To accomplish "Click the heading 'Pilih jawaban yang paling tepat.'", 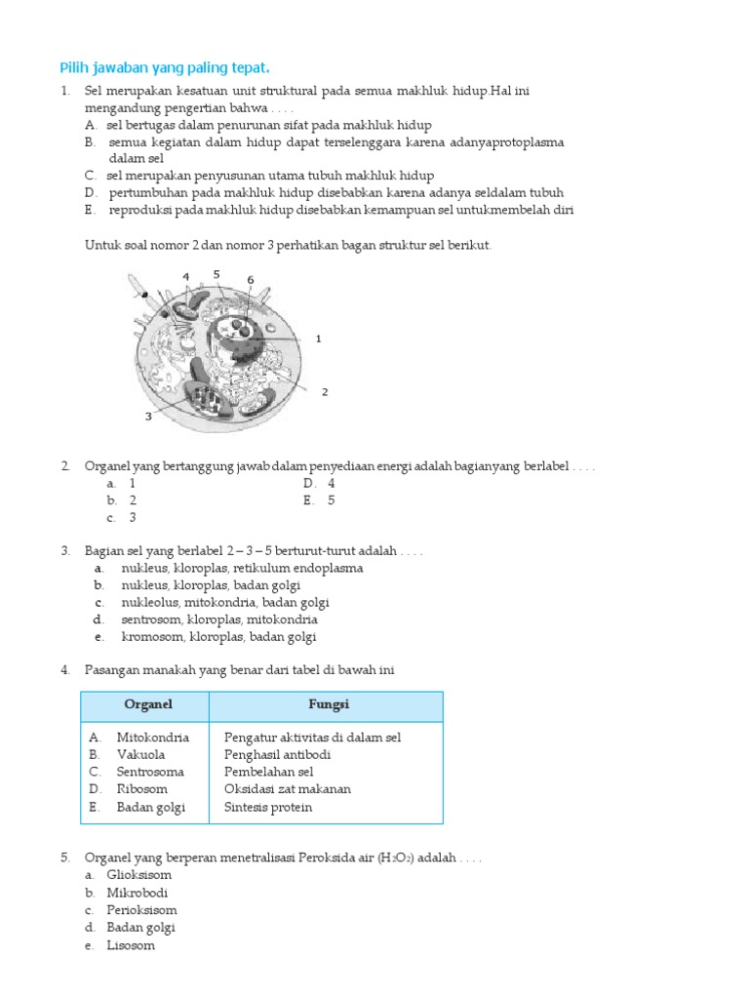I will tap(164, 67).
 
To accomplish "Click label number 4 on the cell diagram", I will tap(186, 277).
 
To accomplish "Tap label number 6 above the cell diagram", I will tap(250, 280).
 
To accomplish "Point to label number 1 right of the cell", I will tap(318, 339).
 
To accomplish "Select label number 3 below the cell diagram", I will tap(148, 417).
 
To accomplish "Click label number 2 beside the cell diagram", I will tap(324, 392).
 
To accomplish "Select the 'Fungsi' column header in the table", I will tap(329, 704).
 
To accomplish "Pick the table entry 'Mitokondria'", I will tap(152, 738).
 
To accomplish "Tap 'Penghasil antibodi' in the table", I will tap(277, 755).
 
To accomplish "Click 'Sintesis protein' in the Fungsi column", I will tap(268, 807).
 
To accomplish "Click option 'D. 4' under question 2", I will tap(319, 483).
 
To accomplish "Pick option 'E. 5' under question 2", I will tap(319, 500).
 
